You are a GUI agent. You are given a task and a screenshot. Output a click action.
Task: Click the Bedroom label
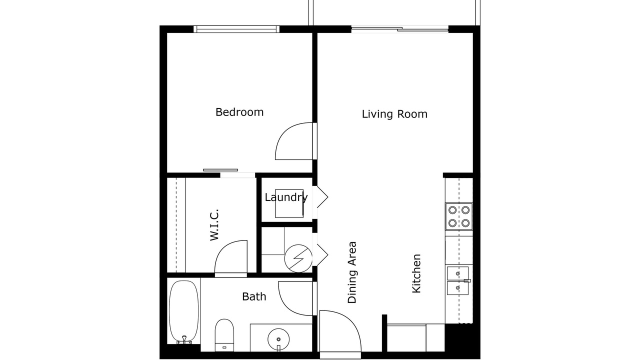[239, 112]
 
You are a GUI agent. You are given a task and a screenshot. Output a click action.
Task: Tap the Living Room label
[394, 114]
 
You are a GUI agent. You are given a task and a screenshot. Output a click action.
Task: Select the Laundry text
[286, 197]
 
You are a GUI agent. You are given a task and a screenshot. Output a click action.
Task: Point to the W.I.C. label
[214, 225]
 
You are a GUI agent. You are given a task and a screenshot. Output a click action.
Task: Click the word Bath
[254, 296]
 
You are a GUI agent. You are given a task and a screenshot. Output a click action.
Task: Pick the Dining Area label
[352, 272]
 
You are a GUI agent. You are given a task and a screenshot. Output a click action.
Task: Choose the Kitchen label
[416, 273]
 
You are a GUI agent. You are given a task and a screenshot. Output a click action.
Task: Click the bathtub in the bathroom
[183, 312]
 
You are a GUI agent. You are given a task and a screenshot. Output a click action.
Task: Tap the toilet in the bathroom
[224, 335]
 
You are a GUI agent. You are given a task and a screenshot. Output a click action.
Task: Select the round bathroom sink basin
[278, 339]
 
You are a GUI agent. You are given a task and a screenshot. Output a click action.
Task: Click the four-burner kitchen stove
[459, 216]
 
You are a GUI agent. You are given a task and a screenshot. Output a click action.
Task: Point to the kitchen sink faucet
[467, 280]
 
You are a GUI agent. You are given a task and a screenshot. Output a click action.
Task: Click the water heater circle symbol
[298, 258]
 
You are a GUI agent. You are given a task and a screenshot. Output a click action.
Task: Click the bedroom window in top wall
[236, 29]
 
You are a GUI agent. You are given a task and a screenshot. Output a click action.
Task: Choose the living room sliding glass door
[399, 29]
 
